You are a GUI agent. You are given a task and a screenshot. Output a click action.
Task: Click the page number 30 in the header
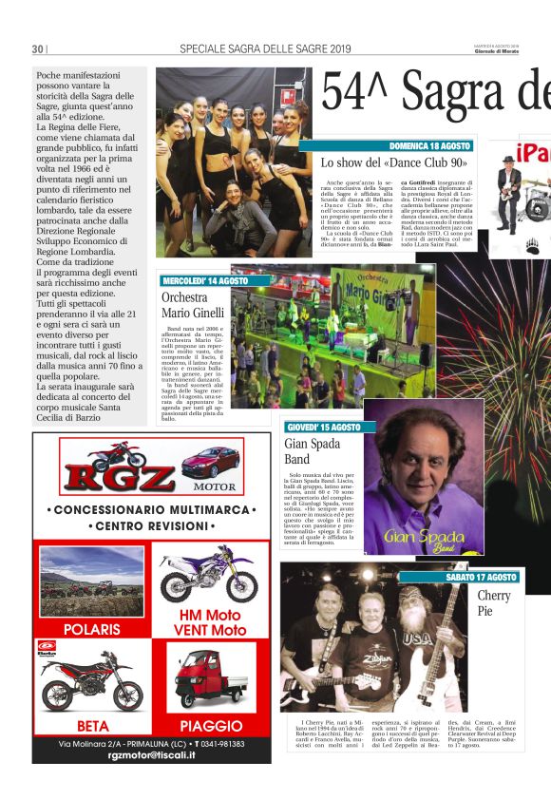tap(38, 49)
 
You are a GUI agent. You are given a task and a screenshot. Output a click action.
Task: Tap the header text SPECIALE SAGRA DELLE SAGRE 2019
tap(265, 49)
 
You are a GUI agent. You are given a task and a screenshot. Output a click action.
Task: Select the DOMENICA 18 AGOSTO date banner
tap(429, 145)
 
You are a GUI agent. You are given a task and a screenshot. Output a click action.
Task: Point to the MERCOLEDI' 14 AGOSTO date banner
tap(204, 281)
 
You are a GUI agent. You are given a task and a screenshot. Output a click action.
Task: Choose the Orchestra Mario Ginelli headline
tap(193, 305)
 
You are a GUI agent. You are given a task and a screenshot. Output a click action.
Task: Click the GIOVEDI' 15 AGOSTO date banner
tap(323, 428)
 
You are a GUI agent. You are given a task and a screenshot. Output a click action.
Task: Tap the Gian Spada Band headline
tap(311, 451)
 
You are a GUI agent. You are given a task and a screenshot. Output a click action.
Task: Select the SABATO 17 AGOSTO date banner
tap(482, 577)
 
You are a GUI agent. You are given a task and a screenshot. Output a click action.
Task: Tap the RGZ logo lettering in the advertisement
tap(104, 478)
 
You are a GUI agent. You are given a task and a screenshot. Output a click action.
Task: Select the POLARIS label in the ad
tap(93, 629)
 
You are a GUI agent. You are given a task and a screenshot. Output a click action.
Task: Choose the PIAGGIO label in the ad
tap(211, 726)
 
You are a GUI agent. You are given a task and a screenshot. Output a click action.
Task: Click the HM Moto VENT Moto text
tap(212, 622)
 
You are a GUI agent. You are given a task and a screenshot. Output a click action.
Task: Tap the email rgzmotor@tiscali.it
tap(152, 754)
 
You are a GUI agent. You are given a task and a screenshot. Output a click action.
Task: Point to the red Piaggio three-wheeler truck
tap(210, 676)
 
